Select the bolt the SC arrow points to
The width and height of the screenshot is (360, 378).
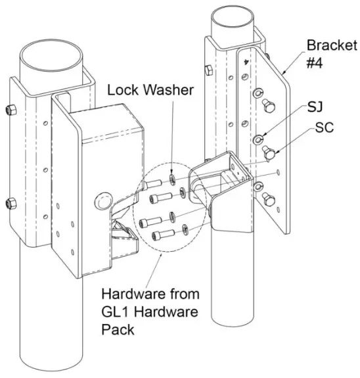pyautogui.click(x=269, y=152)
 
